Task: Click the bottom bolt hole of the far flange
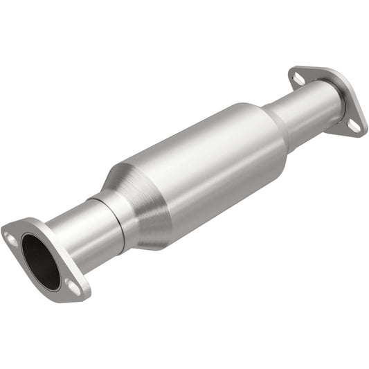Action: coord(354,126)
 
